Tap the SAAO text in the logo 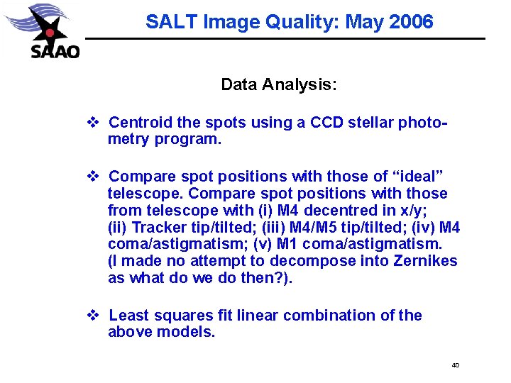55,52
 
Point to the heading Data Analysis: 279,85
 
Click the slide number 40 455,365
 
